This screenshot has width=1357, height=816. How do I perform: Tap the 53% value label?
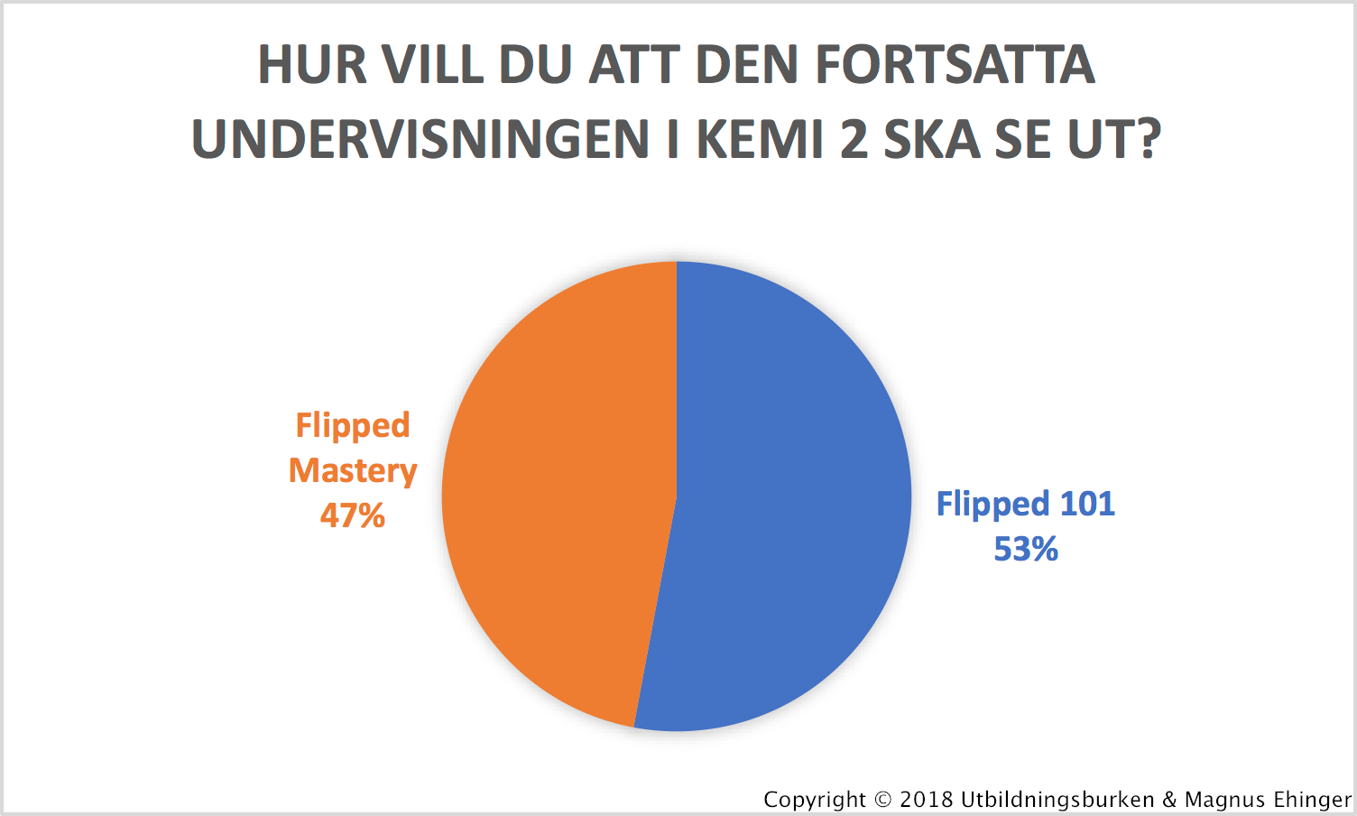(1026, 549)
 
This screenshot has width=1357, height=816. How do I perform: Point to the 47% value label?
(353, 516)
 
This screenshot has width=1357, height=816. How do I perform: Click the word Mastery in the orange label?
(353, 470)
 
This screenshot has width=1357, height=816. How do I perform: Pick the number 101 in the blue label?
(1087, 504)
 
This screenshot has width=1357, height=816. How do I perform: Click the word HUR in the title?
(312, 64)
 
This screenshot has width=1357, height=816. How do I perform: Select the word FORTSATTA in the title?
(955, 64)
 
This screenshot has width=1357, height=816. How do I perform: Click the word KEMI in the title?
(760, 139)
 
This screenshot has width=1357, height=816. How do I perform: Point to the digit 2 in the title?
(854, 139)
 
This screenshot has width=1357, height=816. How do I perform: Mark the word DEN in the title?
(747, 64)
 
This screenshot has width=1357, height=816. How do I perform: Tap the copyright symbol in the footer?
(883, 800)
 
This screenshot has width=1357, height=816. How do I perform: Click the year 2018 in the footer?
(927, 800)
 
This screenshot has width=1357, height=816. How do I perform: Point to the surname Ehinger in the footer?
(1312, 800)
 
